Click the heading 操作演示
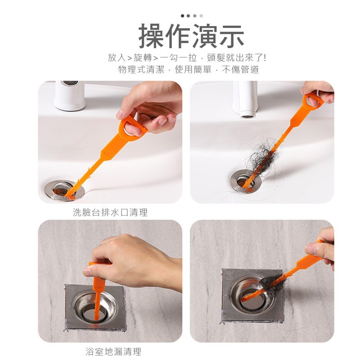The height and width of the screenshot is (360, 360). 191,36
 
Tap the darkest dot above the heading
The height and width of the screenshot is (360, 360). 183,16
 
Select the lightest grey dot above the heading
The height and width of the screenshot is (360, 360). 201,16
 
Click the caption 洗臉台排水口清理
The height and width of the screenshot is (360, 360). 110,212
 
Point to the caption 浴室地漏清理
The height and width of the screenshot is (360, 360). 113,351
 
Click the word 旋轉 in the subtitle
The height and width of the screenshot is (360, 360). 143,58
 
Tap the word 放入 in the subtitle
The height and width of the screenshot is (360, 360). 117,58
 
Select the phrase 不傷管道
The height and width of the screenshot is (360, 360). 241,69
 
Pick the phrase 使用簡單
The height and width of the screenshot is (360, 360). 193,69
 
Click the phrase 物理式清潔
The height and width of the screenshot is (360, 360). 141,69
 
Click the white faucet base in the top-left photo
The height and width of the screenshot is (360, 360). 69,96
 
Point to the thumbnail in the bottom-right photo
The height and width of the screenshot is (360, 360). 310,249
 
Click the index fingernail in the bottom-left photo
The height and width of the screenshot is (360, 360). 87,273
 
